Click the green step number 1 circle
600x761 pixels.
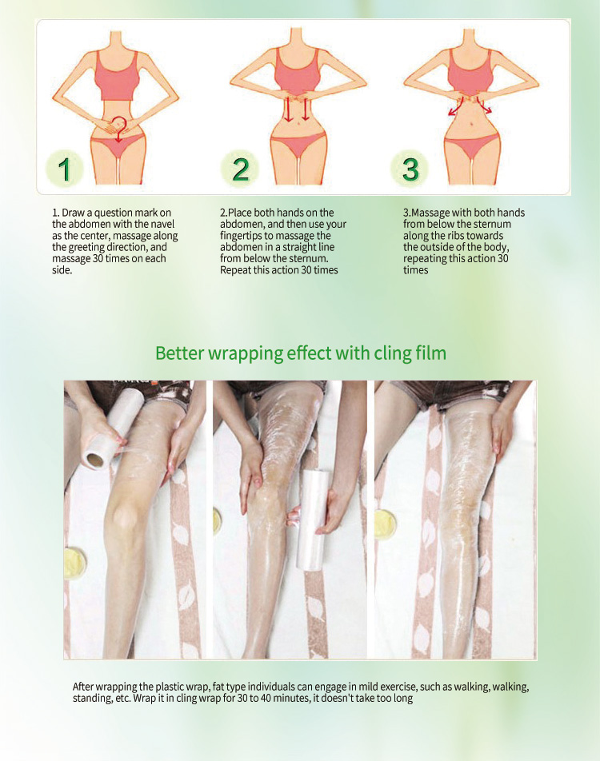pos(66,169)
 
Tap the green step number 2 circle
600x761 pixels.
pos(240,169)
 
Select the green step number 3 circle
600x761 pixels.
pos(410,169)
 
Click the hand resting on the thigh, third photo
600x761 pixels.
pos(502,428)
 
